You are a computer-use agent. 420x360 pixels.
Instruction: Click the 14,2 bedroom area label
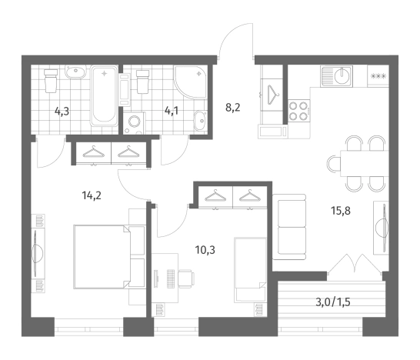[x=92, y=196]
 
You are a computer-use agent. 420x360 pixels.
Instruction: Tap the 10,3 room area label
[x=205, y=250]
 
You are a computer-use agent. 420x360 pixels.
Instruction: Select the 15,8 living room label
[x=341, y=211]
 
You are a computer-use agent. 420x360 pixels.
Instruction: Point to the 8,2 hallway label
[x=233, y=108]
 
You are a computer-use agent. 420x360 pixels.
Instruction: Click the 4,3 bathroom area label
[x=62, y=111]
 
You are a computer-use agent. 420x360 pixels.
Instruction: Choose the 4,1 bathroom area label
[x=172, y=111]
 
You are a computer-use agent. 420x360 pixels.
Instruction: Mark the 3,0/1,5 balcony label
[x=333, y=302]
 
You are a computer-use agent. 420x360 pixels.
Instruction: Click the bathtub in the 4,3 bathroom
[x=104, y=95]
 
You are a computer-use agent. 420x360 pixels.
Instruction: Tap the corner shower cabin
[x=191, y=82]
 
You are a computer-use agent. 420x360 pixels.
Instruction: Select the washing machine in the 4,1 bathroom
[x=135, y=123]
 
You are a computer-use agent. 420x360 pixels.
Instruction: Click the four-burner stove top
[x=299, y=112]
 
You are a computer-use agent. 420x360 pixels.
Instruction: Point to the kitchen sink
[x=336, y=76]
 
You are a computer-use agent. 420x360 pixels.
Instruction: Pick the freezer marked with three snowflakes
[x=378, y=76]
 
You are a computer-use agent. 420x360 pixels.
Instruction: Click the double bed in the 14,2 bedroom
[x=102, y=257]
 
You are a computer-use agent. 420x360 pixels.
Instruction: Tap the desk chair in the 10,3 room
[x=186, y=278]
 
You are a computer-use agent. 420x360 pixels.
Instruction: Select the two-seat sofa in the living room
[x=289, y=227]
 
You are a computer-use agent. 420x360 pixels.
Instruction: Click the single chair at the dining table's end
[x=334, y=163]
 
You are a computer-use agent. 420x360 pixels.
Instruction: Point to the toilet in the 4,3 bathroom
[x=51, y=80]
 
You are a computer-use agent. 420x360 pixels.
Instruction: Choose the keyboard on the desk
[x=172, y=278]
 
